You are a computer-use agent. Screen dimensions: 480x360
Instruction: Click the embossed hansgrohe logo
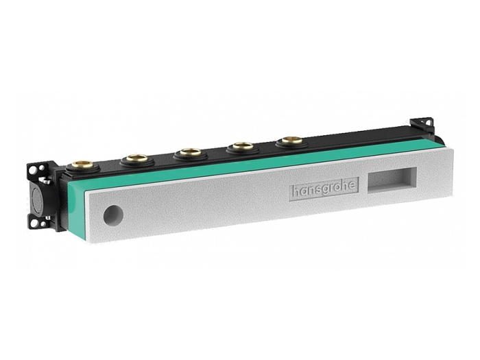pos(324,189)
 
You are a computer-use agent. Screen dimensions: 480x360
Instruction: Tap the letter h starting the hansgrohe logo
pos(295,191)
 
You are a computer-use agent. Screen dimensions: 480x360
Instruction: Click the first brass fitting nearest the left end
pos(84,166)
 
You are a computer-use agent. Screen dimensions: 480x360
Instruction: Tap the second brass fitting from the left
pos(138,158)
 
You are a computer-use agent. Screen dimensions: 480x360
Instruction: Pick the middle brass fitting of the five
pos(191,152)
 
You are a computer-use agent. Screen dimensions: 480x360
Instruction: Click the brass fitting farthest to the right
pos(292,140)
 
